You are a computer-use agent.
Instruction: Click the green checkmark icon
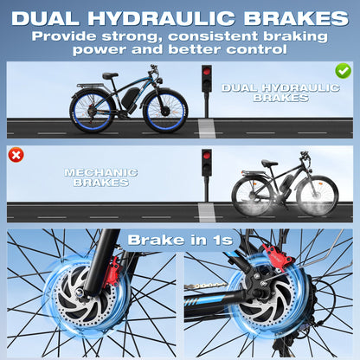(344, 70)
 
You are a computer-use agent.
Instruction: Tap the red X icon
(16, 155)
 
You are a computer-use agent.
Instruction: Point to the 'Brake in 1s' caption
(180, 239)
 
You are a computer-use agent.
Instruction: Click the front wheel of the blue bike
(164, 111)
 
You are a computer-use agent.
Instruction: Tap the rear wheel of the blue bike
(90, 111)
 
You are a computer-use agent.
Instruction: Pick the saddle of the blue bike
(110, 75)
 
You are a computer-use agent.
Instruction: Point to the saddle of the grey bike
(269, 164)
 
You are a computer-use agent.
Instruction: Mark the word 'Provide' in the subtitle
(69, 36)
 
